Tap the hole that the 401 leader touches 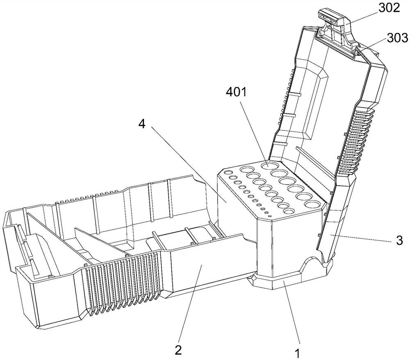[x=271, y=165]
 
